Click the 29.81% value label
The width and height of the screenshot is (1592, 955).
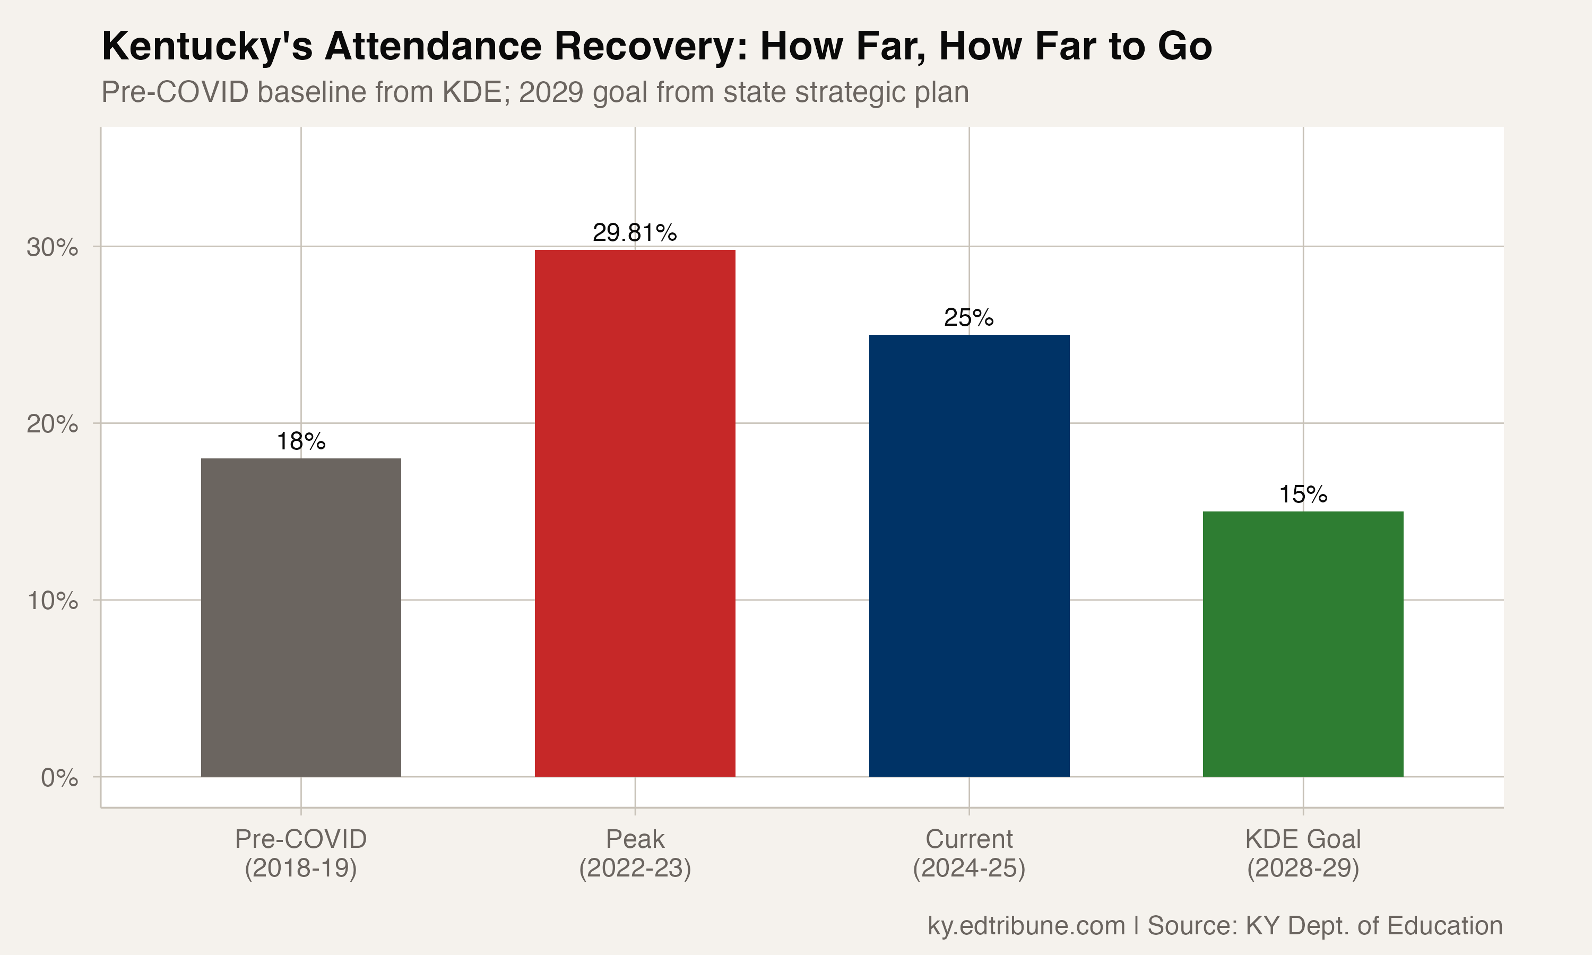(635, 232)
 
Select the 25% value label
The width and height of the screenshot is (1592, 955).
(968, 317)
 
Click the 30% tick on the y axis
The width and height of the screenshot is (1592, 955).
(52, 247)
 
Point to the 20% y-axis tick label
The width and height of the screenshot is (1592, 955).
(52, 424)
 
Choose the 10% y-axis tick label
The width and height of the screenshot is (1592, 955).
(52, 601)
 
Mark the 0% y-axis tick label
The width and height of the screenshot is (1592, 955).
(59, 778)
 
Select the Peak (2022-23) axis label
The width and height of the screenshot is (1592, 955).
(635, 853)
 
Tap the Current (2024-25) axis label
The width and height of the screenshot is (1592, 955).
(968, 853)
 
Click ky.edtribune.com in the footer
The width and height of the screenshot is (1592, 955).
(1026, 925)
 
